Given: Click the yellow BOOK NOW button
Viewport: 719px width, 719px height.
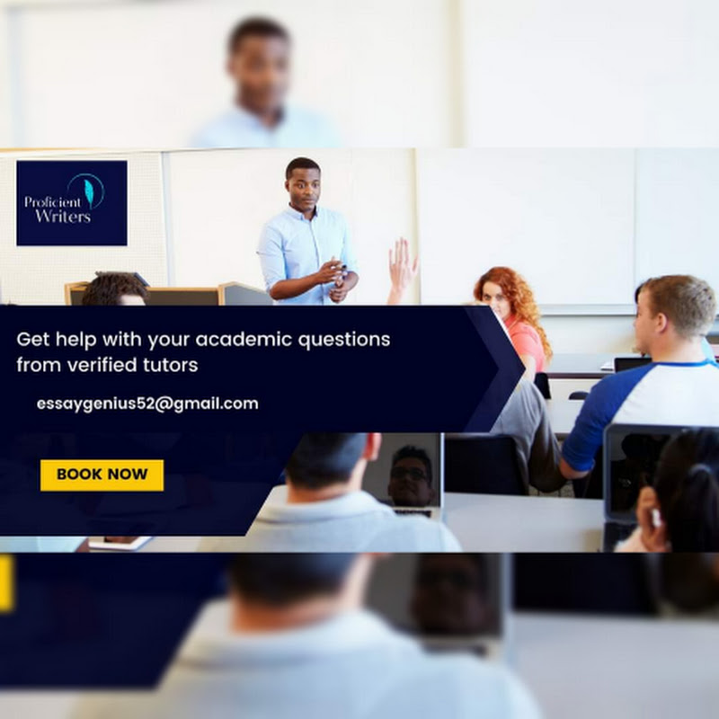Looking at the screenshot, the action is click(x=102, y=475).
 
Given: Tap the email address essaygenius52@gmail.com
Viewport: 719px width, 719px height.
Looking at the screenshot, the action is click(x=147, y=404).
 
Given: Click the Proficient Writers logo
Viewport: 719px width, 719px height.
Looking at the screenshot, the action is click(x=72, y=203).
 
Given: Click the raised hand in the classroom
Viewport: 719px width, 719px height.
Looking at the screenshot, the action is click(x=402, y=263).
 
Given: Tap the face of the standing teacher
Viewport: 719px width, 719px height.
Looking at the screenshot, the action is click(x=303, y=188).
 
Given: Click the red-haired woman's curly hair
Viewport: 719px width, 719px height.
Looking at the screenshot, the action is click(x=519, y=298).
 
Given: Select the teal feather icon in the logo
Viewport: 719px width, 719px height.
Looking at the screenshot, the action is click(x=89, y=191).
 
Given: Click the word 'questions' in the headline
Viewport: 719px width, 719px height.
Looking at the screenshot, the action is click(x=344, y=341).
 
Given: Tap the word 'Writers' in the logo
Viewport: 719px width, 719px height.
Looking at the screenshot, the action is click(x=63, y=216).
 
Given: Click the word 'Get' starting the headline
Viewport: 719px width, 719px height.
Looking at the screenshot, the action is click(x=33, y=340).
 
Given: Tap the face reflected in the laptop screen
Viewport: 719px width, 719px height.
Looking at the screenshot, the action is click(x=411, y=475).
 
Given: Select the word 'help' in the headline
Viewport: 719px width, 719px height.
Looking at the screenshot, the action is click(x=76, y=340).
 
